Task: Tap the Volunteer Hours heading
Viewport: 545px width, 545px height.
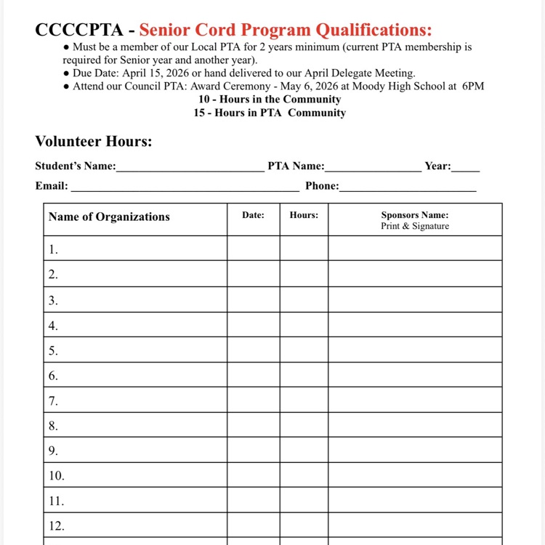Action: [x=94, y=141]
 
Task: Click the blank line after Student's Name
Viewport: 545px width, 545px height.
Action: [x=190, y=169]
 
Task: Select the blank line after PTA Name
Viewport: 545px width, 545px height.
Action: [x=373, y=169]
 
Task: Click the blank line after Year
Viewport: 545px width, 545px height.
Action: [x=465, y=169]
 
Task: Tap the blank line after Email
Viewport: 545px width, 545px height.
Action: [x=185, y=188]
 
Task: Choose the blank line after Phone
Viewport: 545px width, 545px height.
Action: [x=408, y=188]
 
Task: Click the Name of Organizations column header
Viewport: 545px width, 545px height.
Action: [x=109, y=217]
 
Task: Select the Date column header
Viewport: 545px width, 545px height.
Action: [x=253, y=215]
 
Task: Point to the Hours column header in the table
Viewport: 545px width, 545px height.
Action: [x=304, y=215]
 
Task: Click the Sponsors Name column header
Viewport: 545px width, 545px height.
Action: [x=414, y=215]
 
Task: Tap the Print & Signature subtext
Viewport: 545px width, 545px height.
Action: [x=414, y=226]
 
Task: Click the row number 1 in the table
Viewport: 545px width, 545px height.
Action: [x=53, y=249]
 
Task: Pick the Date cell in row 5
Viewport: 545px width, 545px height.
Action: [x=253, y=350]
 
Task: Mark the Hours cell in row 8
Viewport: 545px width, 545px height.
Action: [x=304, y=425]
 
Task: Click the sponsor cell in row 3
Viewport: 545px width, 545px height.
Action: [x=414, y=299]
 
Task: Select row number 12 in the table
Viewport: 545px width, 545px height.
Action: [x=56, y=525]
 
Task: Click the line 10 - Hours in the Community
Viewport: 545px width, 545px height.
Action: [x=270, y=100]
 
